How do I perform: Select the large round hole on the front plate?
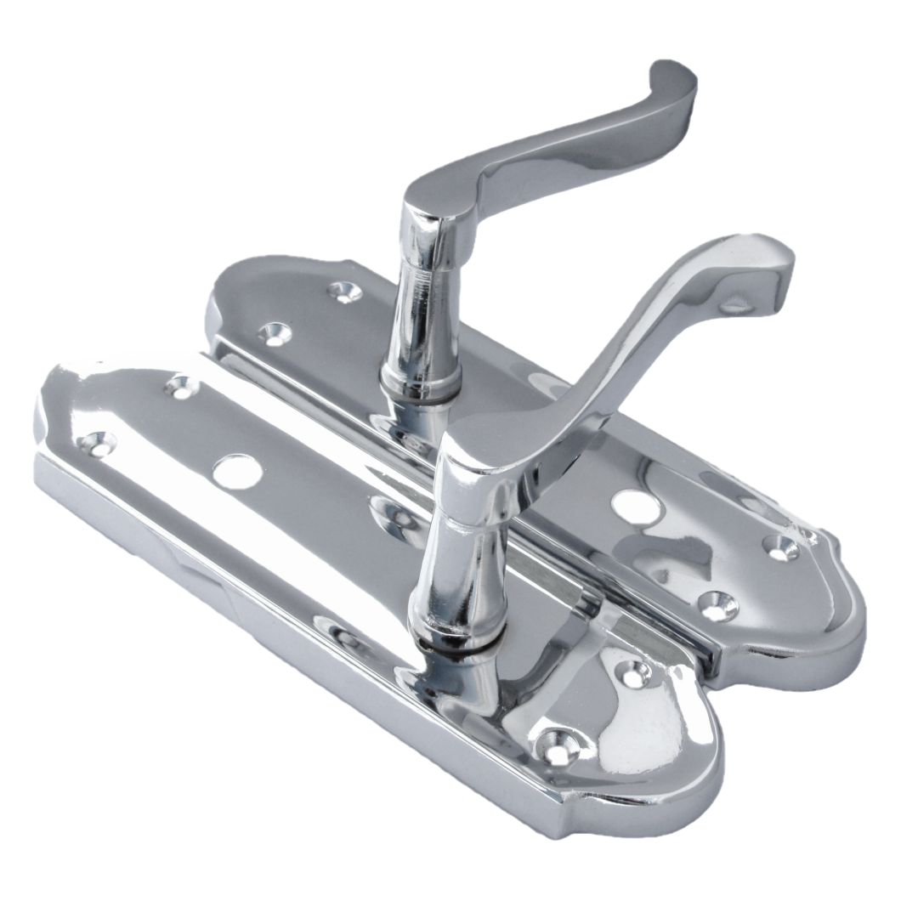point(235,471)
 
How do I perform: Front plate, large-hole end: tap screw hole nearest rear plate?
point(181,386)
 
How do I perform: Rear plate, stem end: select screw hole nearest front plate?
point(275,332)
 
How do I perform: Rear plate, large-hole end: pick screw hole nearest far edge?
point(780,547)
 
